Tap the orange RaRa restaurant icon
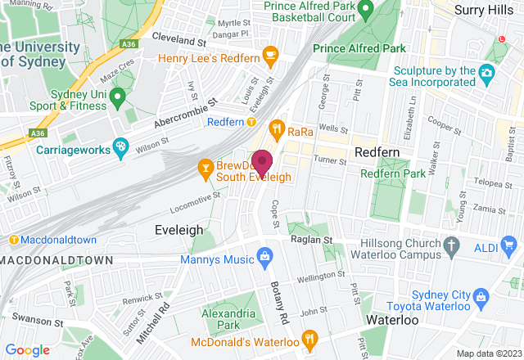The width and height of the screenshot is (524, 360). [x=278, y=128]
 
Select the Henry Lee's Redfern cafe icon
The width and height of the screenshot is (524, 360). [x=269, y=56]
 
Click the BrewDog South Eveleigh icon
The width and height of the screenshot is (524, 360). [x=205, y=169]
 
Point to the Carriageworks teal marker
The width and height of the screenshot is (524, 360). [x=120, y=147]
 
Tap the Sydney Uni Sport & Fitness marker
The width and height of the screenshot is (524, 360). [x=117, y=98]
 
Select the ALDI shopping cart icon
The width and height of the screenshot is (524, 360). [x=509, y=244]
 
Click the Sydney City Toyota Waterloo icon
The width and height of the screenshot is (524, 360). [x=481, y=295]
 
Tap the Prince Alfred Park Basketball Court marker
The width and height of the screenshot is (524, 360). [x=366, y=9]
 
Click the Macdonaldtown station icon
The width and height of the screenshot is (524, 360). [x=14, y=239]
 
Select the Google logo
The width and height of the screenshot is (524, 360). [x=28, y=349]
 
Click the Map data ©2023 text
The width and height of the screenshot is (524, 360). [x=487, y=353]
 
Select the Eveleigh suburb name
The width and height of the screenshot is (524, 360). [x=178, y=231]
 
